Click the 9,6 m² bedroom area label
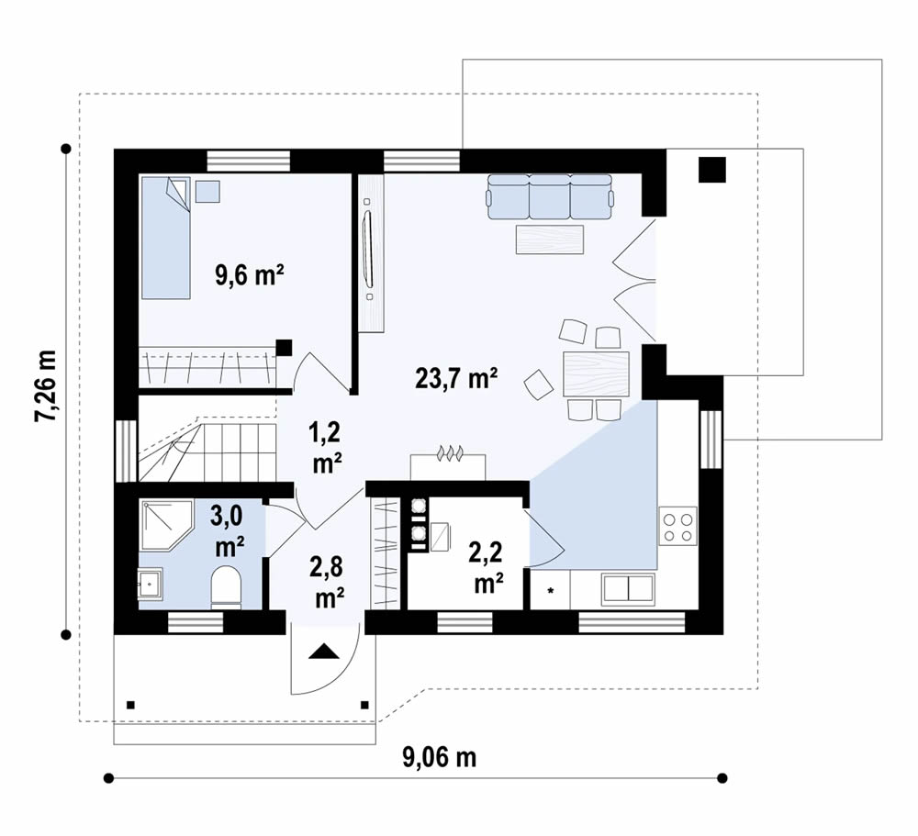pyautogui.click(x=250, y=275)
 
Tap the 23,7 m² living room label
pyautogui.click(x=456, y=378)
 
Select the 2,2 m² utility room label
pyautogui.click(x=487, y=567)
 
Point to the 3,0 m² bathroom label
pyautogui.click(x=229, y=531)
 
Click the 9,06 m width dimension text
pyautogui.click(x=439, y=758)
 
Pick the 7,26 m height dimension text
pyautogui.click(x=44, y=386)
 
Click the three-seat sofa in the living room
pyautogui.click(x=550, y=196)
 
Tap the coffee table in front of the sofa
pyautogui.click(x=550, y=240)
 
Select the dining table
pyautogui.click(x=596, y=374)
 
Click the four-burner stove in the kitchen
pyautogui.click(x=678, y=527)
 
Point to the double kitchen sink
pyautogui.click(x=628, y=588)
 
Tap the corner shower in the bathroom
pyautogui.click(x=165, y=525)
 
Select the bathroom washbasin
pyautogui.click(x=151, y=583)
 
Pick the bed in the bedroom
pyautogui.click(x=165, y=239)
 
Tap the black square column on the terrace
pyautogui.click(x=712, y=170)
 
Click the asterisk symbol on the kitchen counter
pyautogui.click(x=550, y=591)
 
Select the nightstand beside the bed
pyautogui.click(x=207, y=192)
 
